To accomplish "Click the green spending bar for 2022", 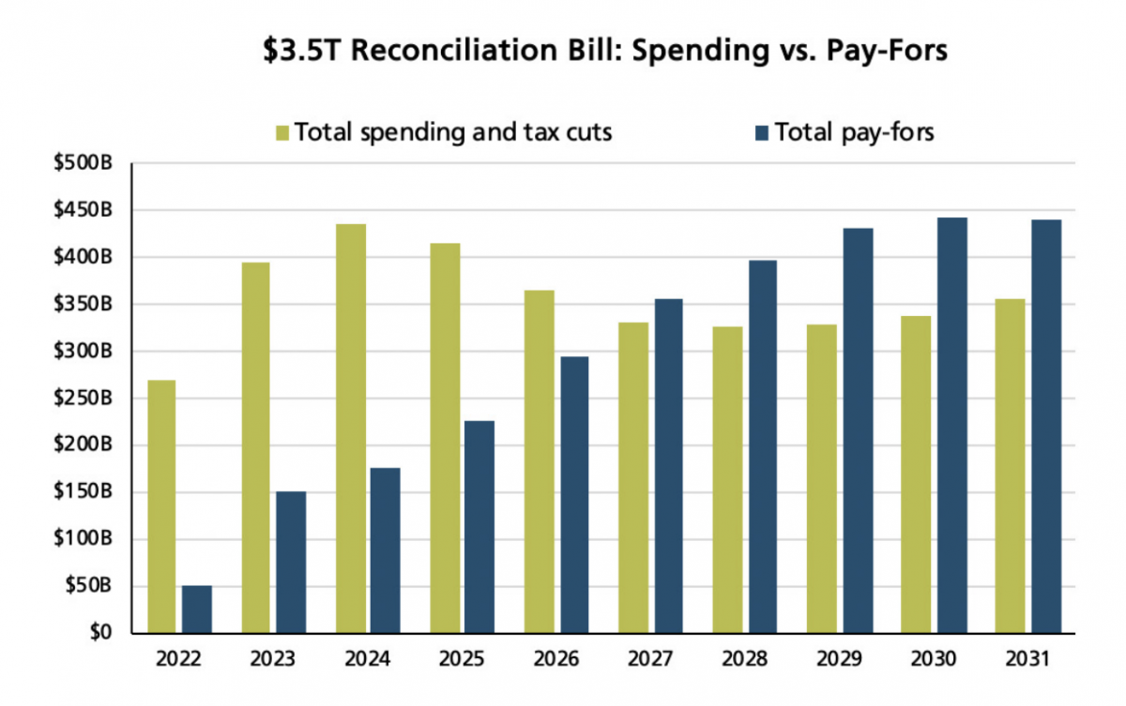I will [161, 506].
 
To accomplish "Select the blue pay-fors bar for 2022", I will [197, 609].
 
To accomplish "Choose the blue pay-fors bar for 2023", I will [291, 563].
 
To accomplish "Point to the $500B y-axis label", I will [84, 163].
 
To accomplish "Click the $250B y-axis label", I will [84, 398].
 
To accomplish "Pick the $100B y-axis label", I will [84, 539].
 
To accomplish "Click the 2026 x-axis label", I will [555, 659].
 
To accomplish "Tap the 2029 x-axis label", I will [838, 659].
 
